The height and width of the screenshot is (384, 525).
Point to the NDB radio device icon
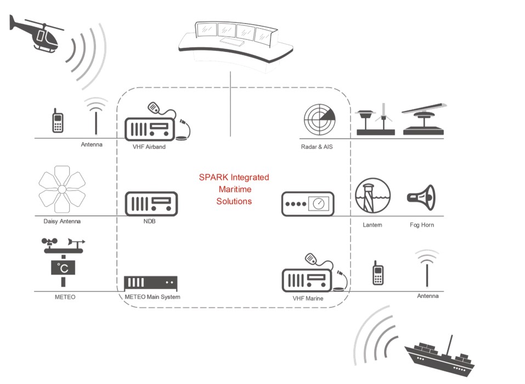[x=151, y=204]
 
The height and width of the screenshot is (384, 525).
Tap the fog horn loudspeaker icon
[x=421, y=196]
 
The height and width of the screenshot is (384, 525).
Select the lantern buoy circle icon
[x=372, y=196]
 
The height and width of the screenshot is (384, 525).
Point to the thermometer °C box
[x=63, y=268]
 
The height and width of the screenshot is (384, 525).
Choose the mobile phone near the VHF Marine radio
[x=377, y=273]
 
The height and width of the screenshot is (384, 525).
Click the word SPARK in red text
[x=212, y=177]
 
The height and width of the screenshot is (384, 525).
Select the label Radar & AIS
[x=317, y=147]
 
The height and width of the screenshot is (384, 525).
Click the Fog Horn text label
[x=421, y=225]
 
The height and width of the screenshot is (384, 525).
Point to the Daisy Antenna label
[x=62, y=221]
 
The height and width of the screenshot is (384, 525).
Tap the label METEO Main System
[x=149, y=297]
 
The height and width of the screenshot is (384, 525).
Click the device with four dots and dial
[x=308, y=204]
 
